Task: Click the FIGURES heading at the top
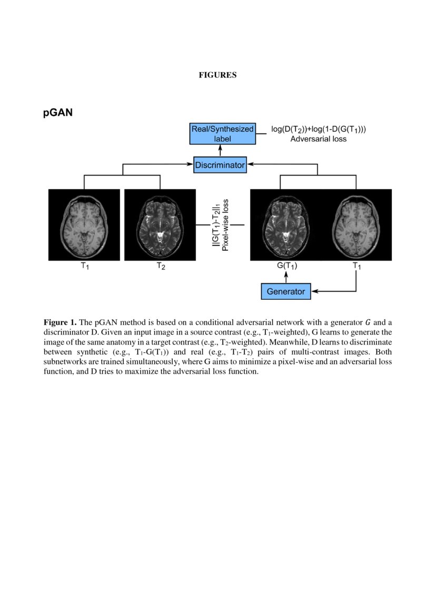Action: (x=217, y=75)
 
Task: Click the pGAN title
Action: (x=58, y=113)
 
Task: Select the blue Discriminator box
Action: (x=220, y=165)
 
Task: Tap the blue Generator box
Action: (x=285, y=291)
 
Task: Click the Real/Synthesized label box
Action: (x=222, y=134)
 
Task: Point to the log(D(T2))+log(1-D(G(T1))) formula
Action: (x=318, y=129)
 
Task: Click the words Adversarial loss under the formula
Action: (x=318, y=140)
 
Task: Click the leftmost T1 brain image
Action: (x=84, y=224)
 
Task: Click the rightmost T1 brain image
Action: (x=357, y=224)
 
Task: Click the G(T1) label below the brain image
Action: (x=287, y=267)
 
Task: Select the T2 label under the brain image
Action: (x=161, y=267)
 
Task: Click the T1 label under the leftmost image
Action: (x=84, y=267)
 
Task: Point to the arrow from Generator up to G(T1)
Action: (x=287, y=277)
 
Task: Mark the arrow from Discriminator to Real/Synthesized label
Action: (x=220, y=151)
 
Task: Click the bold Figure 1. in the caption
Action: (x=60, y=322)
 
